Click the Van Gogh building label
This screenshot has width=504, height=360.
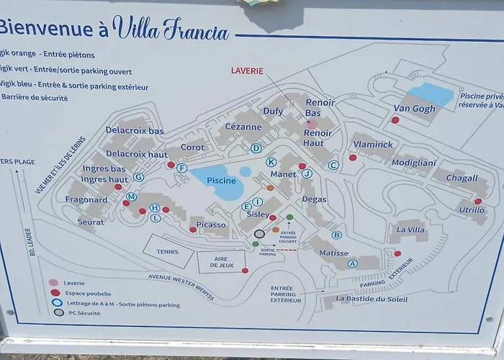click(414, 109)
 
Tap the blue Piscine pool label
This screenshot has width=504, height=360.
click(221, 180)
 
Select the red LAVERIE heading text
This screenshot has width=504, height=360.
click(247, 71)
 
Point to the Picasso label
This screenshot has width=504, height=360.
click(211, 225)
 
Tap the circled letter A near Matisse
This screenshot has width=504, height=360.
click(353, 264)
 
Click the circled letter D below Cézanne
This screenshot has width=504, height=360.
click(256, 148)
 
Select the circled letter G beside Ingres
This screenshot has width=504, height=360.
click(139, 177)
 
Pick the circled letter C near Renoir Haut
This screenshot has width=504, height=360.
click(333, 165)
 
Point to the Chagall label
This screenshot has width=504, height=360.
click(462, 178)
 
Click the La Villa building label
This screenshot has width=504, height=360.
click(410, 230)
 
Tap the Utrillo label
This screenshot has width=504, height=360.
click(472, 210)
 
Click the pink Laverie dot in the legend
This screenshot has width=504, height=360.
click(53, 283)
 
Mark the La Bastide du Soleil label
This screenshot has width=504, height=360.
click(372, 299)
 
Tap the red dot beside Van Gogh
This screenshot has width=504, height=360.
click(395, 120)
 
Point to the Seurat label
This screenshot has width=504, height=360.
click(90, 222)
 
